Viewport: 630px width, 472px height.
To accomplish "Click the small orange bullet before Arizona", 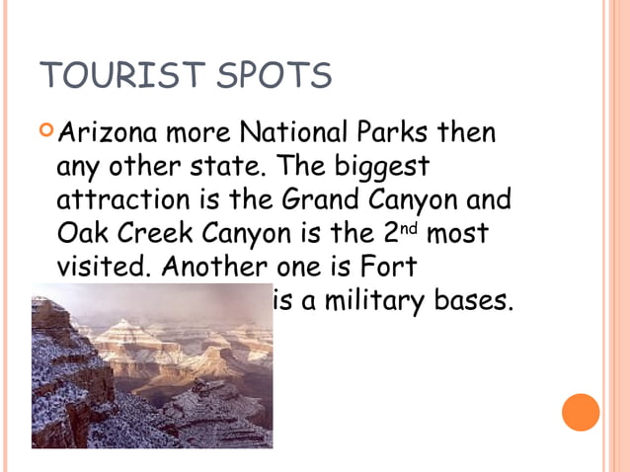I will pos(46,129).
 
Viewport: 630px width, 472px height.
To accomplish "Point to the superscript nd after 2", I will pos(413,227).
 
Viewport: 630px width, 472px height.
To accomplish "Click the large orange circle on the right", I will pos(581,412).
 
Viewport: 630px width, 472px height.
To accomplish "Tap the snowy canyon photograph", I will pos(152,365).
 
